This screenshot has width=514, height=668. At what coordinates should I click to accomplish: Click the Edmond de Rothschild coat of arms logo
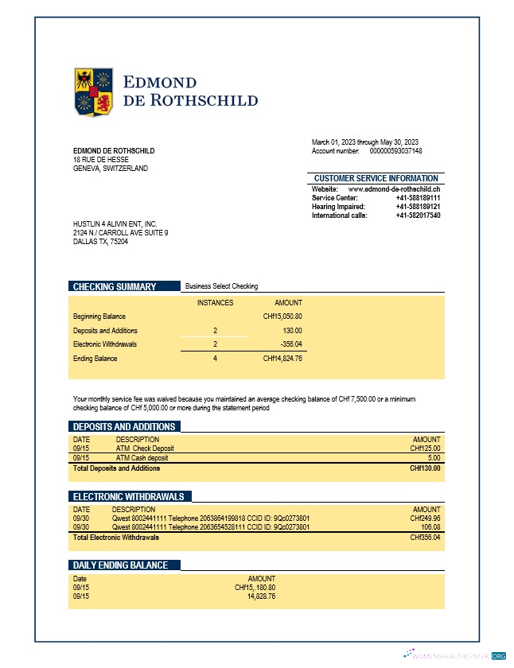[x=95, y=91]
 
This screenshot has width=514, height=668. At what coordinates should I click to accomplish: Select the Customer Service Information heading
[x=376, y=178]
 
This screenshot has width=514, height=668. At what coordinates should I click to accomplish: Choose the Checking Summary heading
[x=115, y=286]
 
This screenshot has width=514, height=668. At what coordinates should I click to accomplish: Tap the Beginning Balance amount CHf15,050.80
[x=282, y=317]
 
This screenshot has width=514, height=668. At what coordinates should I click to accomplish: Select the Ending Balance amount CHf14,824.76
[x=282, y=359]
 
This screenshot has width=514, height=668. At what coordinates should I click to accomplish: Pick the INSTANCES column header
[x=216, y=302]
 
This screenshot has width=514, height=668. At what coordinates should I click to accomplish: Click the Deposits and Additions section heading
[x=123, y=426]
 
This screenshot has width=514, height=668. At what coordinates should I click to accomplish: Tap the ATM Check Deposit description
[x=145, y=449]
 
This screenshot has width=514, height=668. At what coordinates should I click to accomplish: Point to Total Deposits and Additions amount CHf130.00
[x=425, y=468]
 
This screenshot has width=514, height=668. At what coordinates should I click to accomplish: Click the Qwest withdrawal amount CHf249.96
[x=425, y=518]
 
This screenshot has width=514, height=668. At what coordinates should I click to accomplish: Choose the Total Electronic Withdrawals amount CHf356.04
[x=425, y=538]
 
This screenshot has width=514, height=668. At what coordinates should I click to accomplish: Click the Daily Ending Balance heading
[x=121, y=565]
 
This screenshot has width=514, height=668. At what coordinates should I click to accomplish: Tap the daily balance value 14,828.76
[x=262, y=596]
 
